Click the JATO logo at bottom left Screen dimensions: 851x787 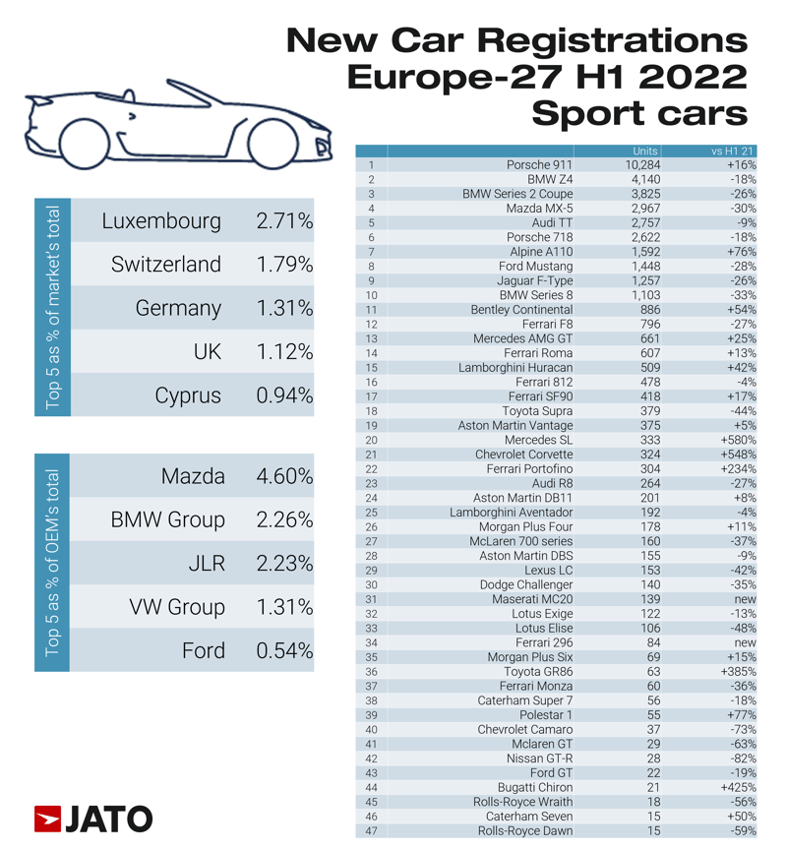point(93,819)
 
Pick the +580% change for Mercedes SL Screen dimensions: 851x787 point(737,441)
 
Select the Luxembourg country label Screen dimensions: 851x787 point(161,221)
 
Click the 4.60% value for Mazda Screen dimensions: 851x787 point(283,477)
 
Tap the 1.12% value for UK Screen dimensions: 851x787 point(283,352)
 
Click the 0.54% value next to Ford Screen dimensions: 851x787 point(283,651)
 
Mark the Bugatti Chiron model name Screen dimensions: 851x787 point(536,788)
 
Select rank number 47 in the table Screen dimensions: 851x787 point(372,831)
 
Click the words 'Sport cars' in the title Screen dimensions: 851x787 point(638,114)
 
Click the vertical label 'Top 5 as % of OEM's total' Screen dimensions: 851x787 point(53,563)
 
